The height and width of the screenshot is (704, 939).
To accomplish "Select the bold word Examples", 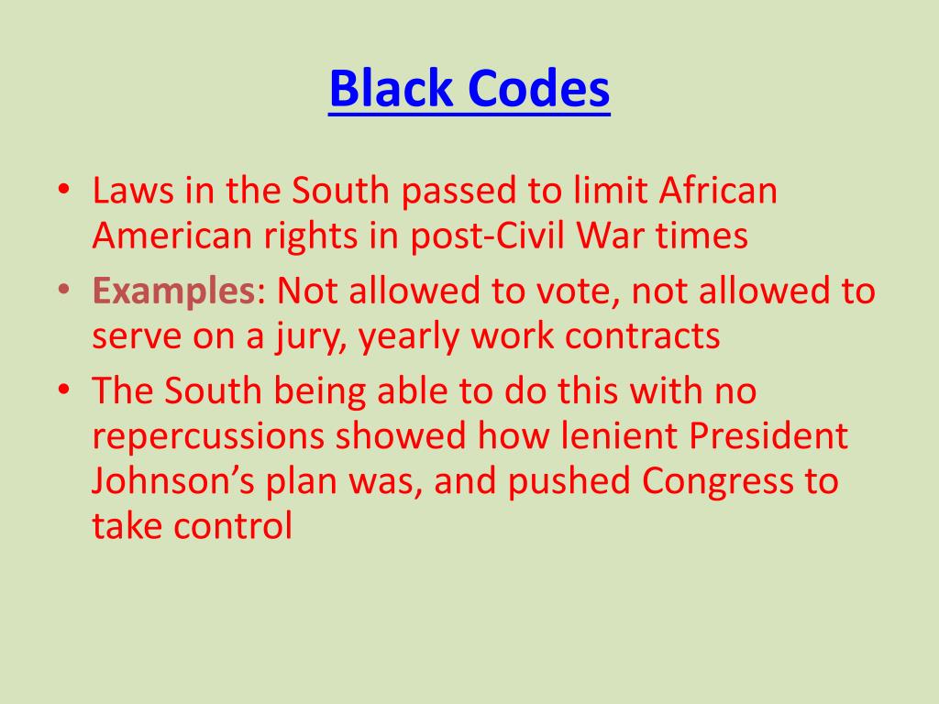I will point(172,291).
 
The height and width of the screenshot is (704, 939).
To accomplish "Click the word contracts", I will point(642,336).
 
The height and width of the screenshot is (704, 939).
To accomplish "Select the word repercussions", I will point(208,437).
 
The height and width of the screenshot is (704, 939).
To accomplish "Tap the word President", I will point(768,437).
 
